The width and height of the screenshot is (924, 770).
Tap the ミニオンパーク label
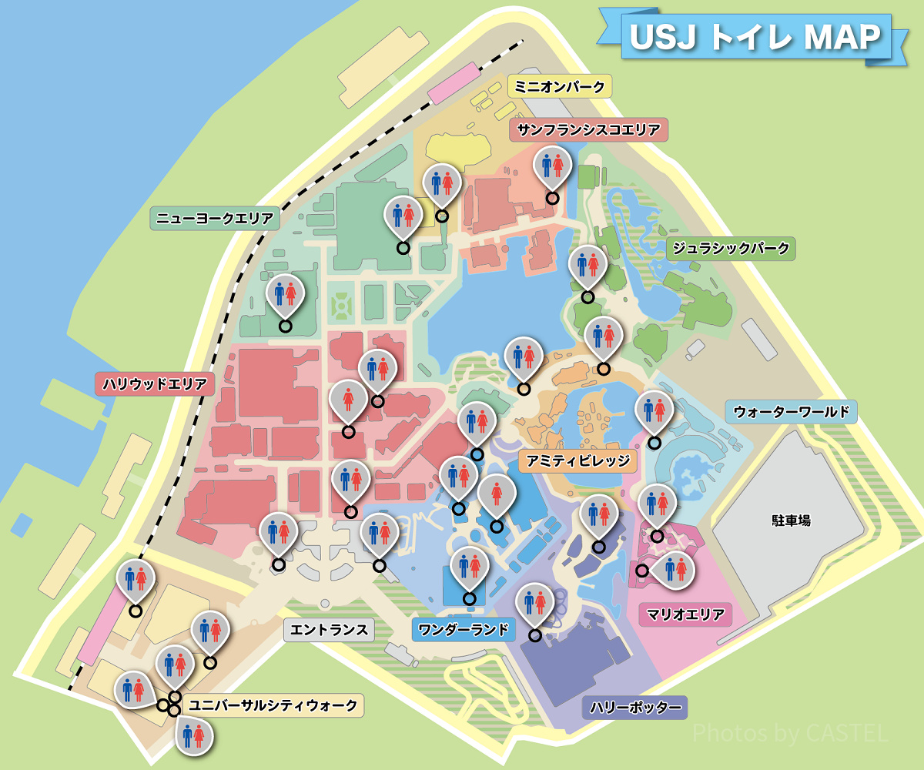[x=560, y=86]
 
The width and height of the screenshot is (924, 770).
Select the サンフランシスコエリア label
[x=589, y=129]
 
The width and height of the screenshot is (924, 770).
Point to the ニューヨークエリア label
[x=214, y=219]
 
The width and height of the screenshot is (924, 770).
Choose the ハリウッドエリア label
[x=155, y=383]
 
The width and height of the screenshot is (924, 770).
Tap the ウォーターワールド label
[x=792, y=412]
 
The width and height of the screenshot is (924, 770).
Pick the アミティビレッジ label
[x=578, y=461]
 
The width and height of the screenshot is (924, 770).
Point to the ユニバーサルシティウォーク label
[x=273, y=705]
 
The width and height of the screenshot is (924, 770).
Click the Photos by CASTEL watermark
[x=790, y=733]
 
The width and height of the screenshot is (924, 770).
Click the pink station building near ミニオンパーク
[x=454, y=84]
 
